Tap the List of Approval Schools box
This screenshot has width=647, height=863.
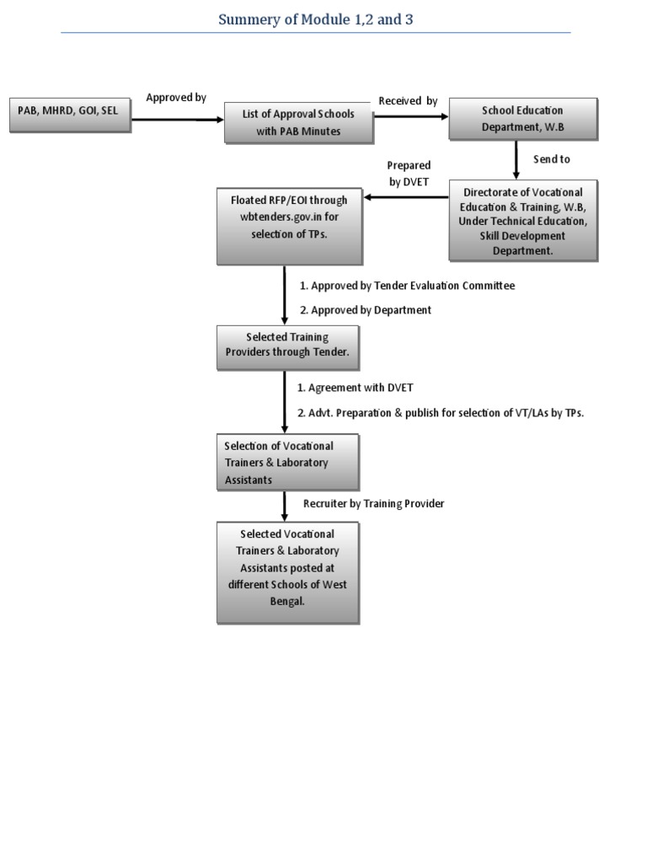coord(298,122)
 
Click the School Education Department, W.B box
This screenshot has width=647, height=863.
coord(522,119)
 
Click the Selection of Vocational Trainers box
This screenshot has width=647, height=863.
coord(287,462)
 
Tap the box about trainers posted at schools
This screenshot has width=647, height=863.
coord(287,571)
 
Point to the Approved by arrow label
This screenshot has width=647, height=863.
coord(176,98)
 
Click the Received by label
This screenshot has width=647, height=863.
coord(408,101)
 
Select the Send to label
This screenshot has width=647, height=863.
coord(552,159)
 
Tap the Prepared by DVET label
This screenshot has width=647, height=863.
coord(409,173)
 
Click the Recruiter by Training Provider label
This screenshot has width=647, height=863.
coord(373,503)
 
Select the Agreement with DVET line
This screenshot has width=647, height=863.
coord(355,388)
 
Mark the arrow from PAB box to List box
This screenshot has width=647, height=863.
coord(177,120)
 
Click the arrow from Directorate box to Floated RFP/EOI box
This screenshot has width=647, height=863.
coord(405,198)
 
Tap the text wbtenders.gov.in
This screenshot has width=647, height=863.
coord(281,217)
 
